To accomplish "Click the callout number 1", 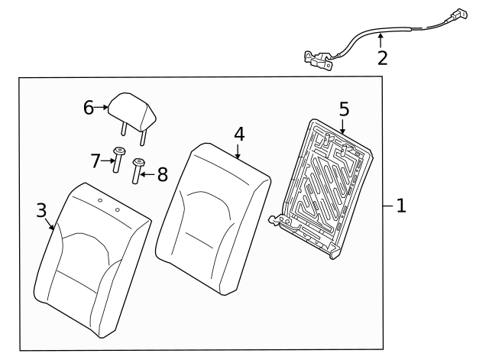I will click(401, 206).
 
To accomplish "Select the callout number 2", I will click(382, 57).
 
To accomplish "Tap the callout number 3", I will click(41, 210).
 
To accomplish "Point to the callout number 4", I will click(239, 133).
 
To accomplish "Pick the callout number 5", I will click(343, 108).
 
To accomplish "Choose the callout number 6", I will click(89, 108).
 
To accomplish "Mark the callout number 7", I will click(96, 161).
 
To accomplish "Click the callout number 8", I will click(161, 174).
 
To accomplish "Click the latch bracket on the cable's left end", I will click(316, 59).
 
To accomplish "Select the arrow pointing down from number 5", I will click(343, 128).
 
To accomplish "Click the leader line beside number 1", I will click(387, 206).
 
